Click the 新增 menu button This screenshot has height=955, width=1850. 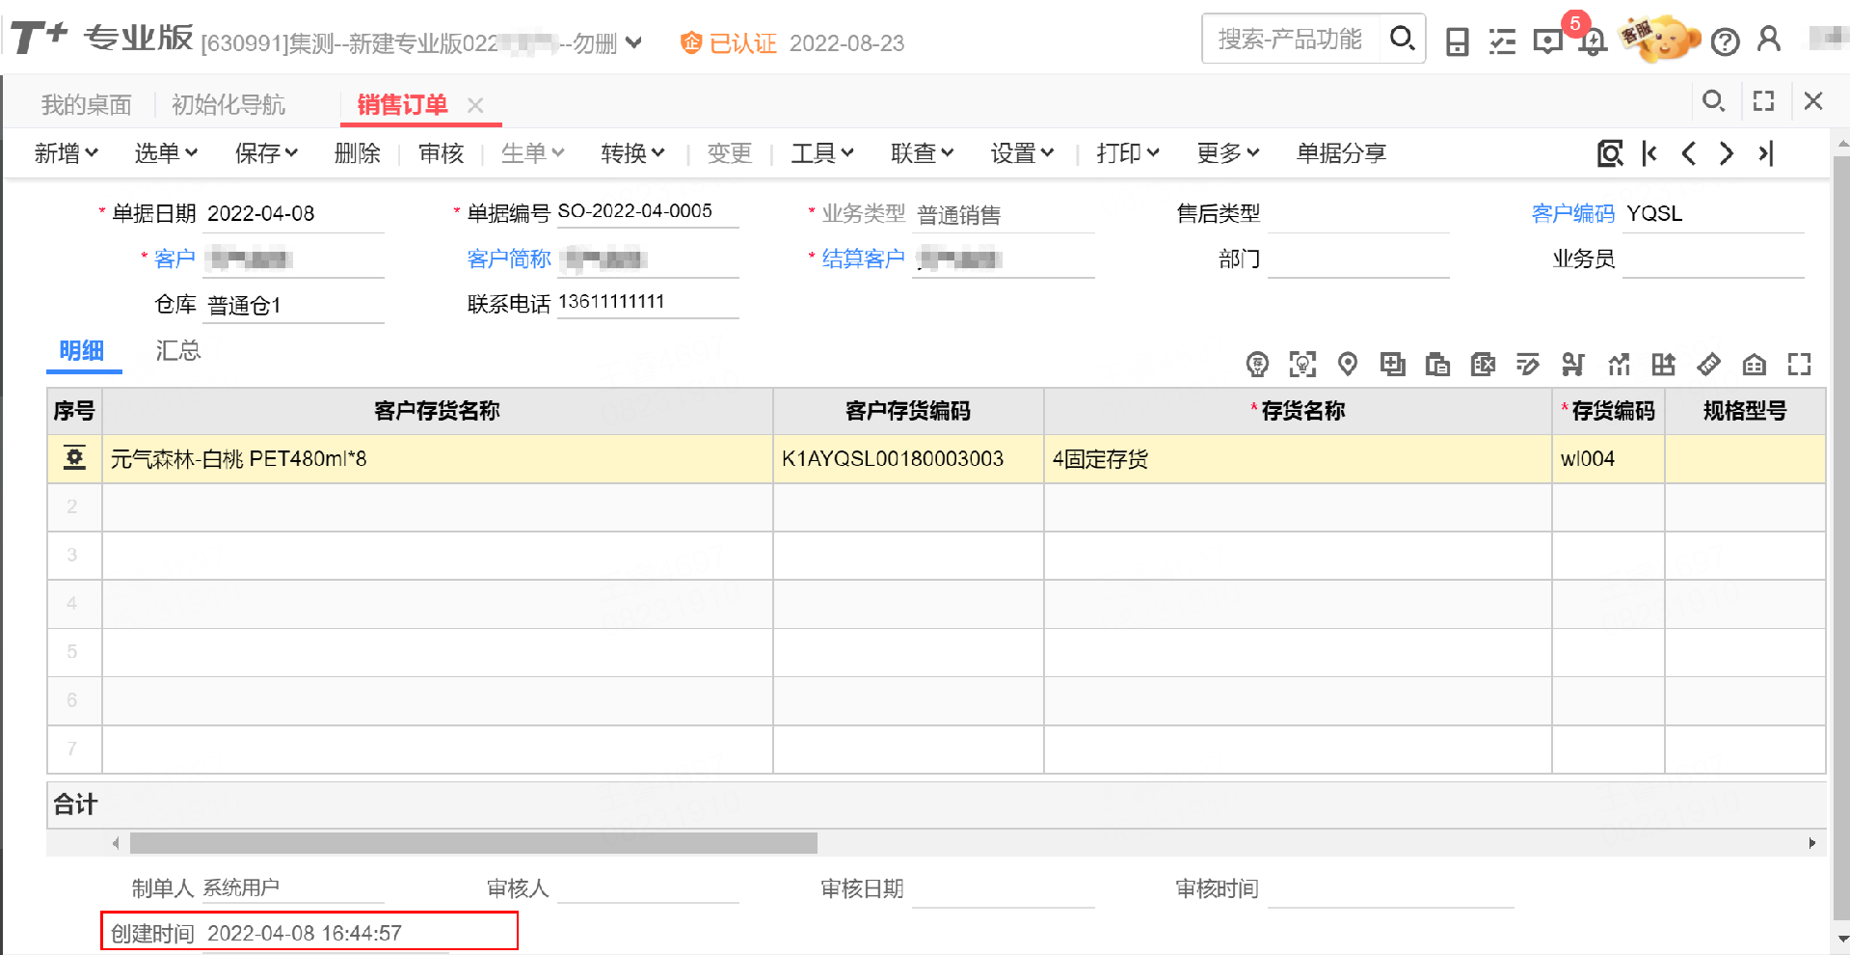pos(66,153)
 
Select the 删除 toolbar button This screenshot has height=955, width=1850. pos(357,153)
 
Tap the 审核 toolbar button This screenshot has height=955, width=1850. pos(442,153)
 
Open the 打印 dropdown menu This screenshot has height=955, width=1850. pos(1127,153)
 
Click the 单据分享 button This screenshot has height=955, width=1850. pos(1341,153)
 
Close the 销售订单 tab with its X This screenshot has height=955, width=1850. pos(475,105)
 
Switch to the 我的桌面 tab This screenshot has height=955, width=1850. pos(86,105)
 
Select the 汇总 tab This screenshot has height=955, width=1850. pos(178,351)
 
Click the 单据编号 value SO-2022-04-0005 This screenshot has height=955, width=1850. pos(635,211)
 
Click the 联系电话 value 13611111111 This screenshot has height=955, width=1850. pos(612,302)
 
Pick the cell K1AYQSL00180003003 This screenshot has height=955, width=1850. pos(893,459)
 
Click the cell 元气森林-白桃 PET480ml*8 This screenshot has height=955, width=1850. pos(239,459)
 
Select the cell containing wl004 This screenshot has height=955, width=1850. pos(1588,459)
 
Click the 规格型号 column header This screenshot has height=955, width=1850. pos(1744,411)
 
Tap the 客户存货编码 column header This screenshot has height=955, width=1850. pos(907,411)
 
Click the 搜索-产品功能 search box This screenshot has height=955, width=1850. pos(1290,39)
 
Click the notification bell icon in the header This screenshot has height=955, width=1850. pos(1593,41)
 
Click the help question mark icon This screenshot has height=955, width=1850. pos(1725,41)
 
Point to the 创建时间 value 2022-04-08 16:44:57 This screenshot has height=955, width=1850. pos(305,933)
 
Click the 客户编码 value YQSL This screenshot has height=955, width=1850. pos(1654,213)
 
